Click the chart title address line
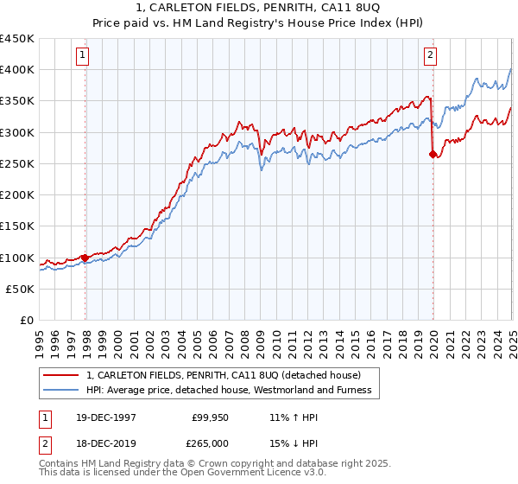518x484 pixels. (259, 7)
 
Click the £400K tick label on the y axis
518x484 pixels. (18, 70)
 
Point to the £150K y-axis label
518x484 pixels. (18, 226)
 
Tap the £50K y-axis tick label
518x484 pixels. (22, 290)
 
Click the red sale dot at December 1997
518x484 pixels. (85, 257)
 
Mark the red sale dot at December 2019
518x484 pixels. (433, 155)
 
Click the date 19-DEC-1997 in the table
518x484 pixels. (103, 417)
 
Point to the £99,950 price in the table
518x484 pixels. (207, 417)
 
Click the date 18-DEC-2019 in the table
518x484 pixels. (103, 443)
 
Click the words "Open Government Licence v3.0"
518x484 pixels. (259, 473)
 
